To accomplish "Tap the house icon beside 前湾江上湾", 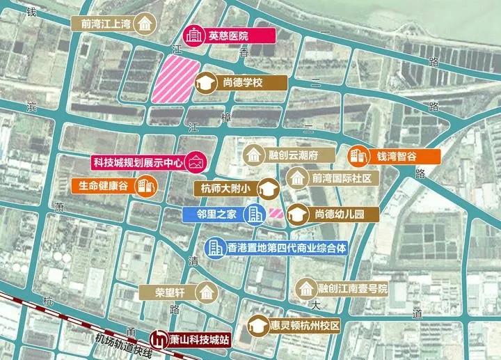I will coord(145,24).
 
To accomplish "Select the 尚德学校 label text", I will coord(242,84).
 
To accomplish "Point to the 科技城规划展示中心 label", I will coord(138,162).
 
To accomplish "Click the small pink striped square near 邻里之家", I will coord(276,213).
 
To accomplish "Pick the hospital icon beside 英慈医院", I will coord(193,35).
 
